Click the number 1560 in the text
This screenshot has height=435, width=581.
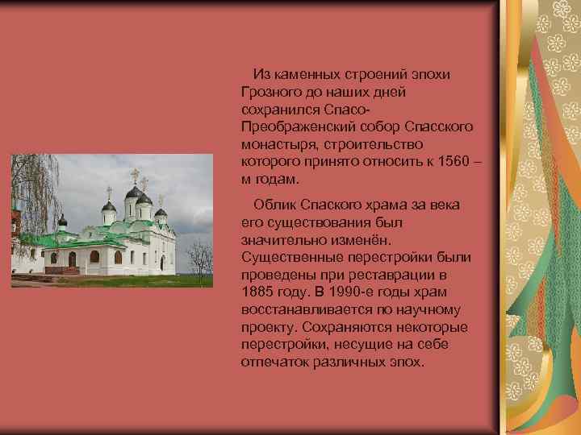(447, 161)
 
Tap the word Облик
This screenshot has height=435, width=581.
(273, 205)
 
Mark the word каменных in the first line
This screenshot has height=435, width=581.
(310, 74)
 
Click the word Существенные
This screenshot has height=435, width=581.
(286, 257)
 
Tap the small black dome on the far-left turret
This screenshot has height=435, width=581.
(62, 219)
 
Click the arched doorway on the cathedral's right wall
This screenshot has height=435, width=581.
(161, 262)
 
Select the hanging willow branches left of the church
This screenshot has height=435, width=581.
(24, 193)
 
